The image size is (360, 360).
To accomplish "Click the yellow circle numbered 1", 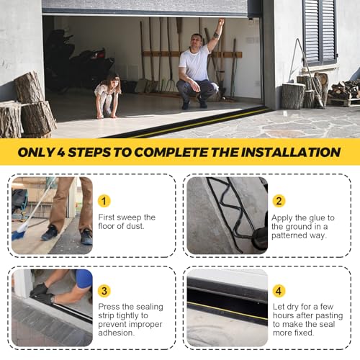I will (104, 201).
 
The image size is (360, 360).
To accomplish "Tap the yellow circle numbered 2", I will (279, 201).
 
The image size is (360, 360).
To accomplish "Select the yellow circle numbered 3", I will (104, 291).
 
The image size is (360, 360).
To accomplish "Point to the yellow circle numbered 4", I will (279, 291).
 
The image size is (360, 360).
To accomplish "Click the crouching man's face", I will (197, 42).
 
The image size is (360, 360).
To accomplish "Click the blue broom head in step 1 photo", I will (19, 232).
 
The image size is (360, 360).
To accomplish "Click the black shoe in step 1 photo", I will (50, 233).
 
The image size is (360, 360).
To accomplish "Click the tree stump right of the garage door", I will (293, 95).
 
